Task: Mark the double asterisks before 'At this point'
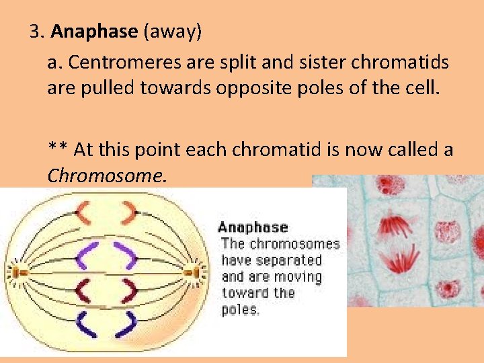58,149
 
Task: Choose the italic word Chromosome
106,175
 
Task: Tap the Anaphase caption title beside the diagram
252,227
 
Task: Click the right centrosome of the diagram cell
198,272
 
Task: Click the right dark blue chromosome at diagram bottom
126,325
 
